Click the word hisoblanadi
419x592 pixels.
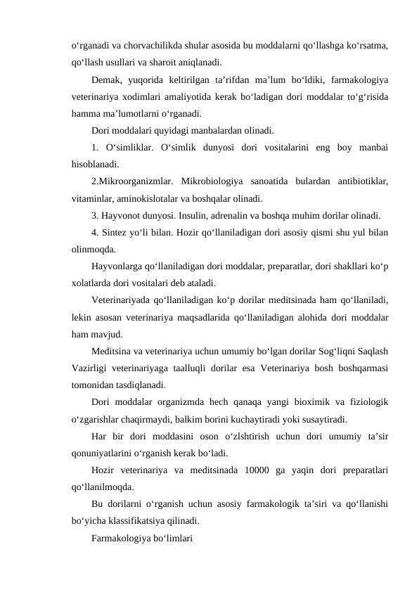coord(95,166)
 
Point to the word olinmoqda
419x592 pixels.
coord(94,251)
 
